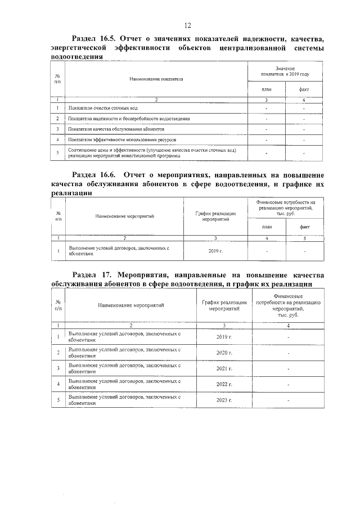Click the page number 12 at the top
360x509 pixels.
188,25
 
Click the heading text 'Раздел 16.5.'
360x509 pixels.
93,39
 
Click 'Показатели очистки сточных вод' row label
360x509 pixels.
102,108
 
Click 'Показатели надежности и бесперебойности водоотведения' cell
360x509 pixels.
128,119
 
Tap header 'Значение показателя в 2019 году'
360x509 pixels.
285,71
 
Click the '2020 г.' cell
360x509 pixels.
224,353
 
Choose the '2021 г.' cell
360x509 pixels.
224,368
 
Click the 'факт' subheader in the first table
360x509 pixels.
304,89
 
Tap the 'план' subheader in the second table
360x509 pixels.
267,227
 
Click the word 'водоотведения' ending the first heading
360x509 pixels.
76,57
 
